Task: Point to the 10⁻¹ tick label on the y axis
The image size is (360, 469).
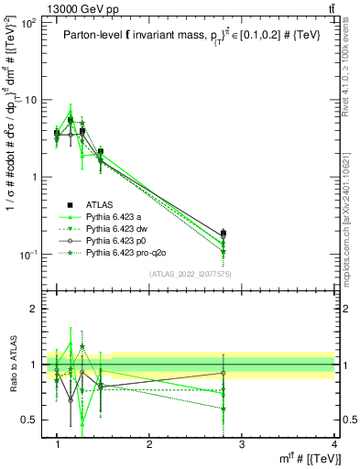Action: point(27,254)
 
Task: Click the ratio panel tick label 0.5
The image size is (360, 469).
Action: point(28,420)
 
